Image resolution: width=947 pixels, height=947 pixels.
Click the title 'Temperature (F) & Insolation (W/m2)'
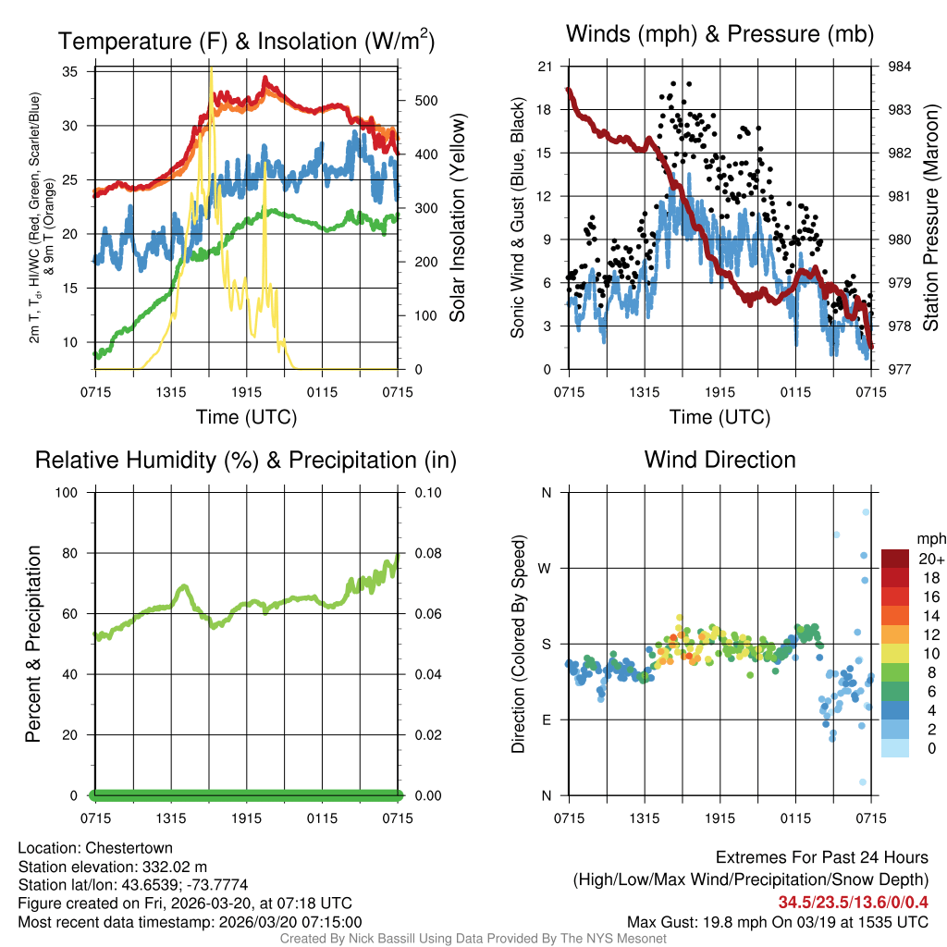pos(246,42)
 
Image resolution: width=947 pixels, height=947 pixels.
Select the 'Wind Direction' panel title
pos(719,460)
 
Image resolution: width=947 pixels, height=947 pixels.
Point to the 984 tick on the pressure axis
pos(899,67)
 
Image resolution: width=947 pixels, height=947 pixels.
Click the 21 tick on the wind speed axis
pos(545,67)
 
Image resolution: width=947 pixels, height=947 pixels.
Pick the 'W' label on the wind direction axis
pos(546,568)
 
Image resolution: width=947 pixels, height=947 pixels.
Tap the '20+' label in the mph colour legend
pos(931,559)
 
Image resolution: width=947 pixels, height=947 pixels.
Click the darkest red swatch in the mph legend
pos(895,559)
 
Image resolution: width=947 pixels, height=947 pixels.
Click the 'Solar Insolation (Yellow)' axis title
pos(457,218)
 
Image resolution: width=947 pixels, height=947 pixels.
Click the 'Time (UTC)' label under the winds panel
pos(719,417)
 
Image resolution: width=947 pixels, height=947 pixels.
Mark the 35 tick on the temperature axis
pos(71,71)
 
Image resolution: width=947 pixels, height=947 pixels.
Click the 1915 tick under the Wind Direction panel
pos(719,818)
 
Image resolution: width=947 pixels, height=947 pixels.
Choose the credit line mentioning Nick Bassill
pos(473,939)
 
